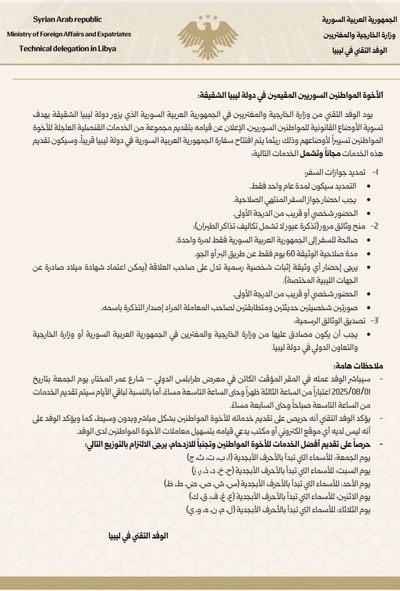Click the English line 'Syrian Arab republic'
point(67,19)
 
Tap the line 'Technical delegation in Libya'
point(67,48)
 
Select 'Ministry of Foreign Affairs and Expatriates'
point(69,34)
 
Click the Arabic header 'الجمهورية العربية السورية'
point(353,20)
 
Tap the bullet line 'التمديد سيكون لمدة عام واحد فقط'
point(303,186)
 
